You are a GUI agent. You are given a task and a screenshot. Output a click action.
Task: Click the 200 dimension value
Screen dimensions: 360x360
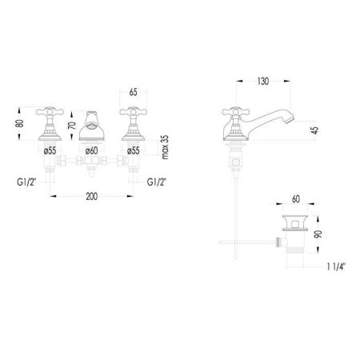click(x=91, y=197)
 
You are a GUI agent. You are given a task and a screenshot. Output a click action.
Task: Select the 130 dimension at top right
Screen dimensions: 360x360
click(x=263, y=82)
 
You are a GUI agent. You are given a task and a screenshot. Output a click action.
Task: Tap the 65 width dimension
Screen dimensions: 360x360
click(x=133, y=92)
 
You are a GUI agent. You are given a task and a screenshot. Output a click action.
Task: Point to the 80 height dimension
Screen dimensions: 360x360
click(x=20, y=123)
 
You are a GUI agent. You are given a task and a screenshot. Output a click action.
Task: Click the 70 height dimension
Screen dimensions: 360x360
click(x=72, y=126)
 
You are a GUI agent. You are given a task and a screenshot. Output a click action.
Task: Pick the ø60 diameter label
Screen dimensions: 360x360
click(x=91, y=150)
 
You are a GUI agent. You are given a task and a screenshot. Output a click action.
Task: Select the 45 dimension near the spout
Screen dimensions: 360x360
click(x=315, y=130)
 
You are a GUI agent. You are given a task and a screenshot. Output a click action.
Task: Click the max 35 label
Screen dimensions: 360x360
click(x=165, y=147)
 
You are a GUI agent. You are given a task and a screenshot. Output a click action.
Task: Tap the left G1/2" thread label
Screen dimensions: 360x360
click(x=26, y=182)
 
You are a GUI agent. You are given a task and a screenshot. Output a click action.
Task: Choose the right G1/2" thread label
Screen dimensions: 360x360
click(x=157, y=182)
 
